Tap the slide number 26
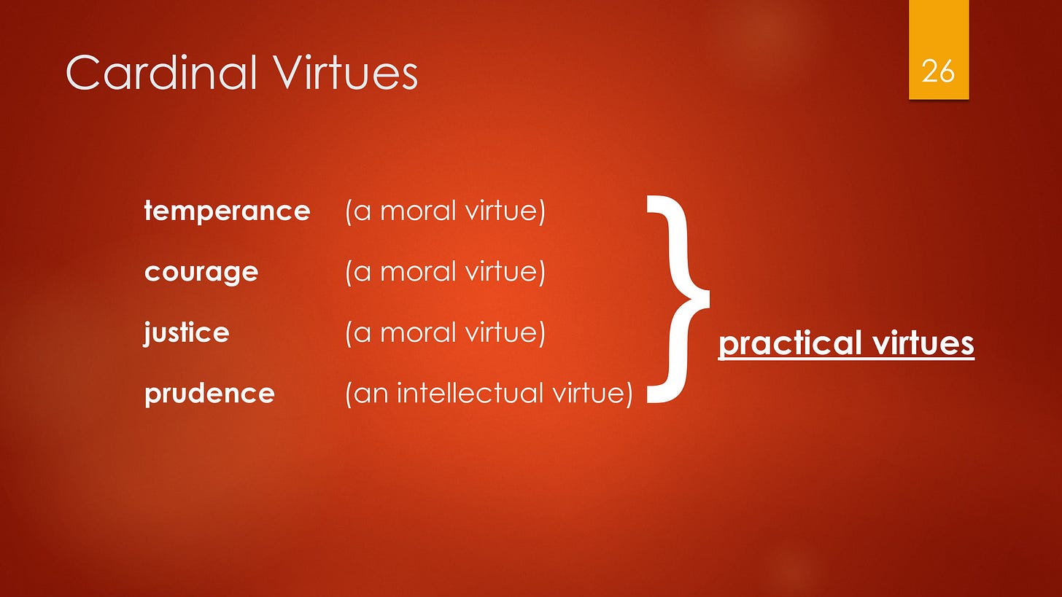coord(938,72)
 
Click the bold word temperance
coord(227,211)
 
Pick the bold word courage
coord(201,273)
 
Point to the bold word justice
coord(187,333)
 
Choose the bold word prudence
coord(209,394)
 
